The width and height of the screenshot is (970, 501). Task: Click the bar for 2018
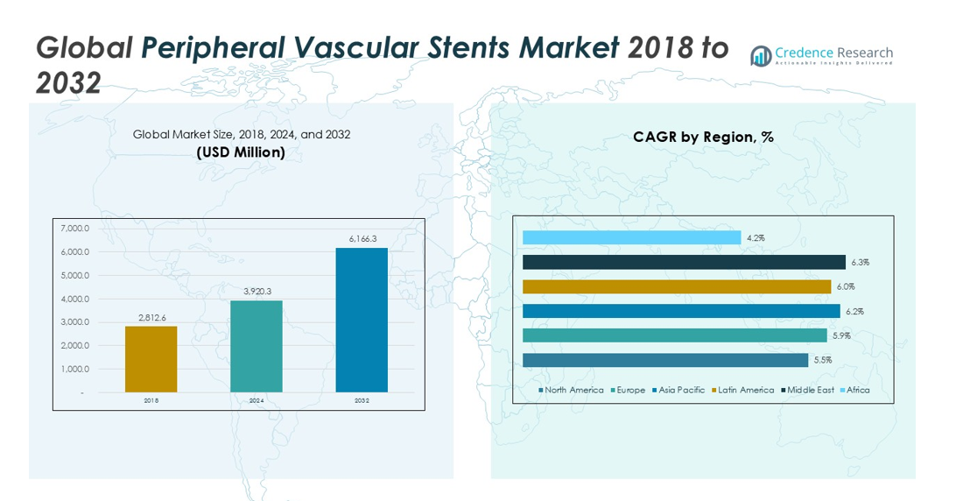pos(151,359)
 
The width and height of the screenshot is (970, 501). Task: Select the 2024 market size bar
pos(257,346)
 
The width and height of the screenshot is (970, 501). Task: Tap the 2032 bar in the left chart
pos(362,320)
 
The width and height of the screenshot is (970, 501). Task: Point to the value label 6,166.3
pos(362,238)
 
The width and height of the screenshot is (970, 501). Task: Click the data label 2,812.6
pos(151,316)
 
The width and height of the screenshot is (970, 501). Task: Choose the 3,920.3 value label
pos(257,291)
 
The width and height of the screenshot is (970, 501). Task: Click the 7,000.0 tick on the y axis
pos(75,229)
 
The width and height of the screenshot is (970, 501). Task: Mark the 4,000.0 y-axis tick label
pos(75,299)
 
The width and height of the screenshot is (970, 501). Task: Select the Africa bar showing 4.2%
pos(631,237)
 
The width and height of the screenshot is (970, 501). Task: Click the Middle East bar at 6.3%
pos(684,262)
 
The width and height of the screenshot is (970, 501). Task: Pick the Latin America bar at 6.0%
pos(676,286)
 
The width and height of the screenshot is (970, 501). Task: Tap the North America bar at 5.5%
pos(664,360)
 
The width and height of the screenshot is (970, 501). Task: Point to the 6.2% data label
pos(854,311)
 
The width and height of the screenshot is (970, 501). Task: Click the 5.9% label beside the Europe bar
pos(840,335)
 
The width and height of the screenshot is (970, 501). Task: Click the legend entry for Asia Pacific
pos(680,390)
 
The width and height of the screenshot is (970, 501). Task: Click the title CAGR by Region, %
pos(703,137)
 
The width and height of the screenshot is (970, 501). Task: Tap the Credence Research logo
pos(821,56)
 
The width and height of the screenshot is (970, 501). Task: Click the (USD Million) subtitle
pos(241,152)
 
